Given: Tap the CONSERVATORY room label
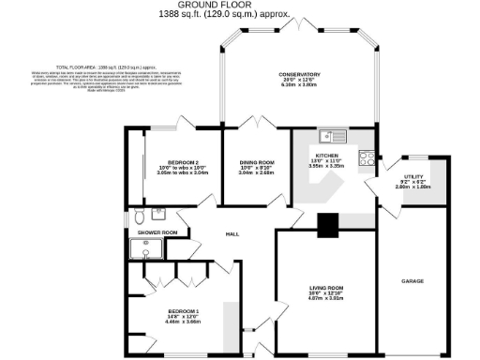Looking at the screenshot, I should coord(299,74).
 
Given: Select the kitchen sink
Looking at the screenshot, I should coord(333,136).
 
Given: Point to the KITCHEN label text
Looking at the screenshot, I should coord(326,155).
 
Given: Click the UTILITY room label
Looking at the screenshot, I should coord(413,175).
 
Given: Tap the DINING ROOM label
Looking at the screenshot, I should coord(256,161).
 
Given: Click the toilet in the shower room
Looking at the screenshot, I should coord(139,213).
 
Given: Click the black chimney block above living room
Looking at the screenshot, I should coord(327,225).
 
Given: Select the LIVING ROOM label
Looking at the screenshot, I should coord(328,288).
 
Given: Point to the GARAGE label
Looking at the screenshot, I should coord(413,280).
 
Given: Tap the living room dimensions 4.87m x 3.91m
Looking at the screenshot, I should coord(328,299).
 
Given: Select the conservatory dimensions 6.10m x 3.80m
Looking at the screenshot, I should coord(299,85).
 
